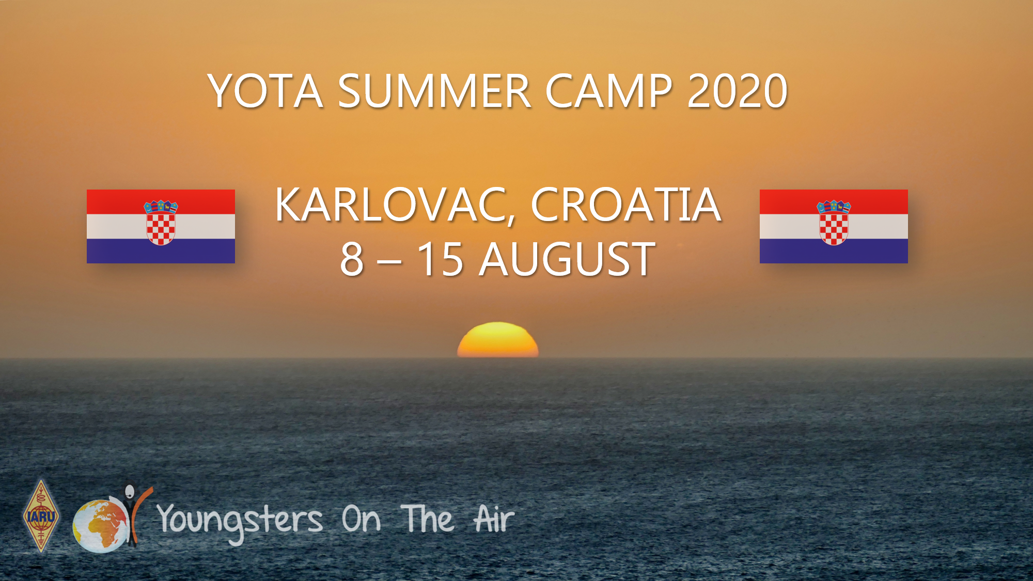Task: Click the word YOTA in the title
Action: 265,91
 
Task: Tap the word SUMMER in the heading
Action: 434,91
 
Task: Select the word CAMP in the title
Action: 609,91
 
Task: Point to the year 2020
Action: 737,91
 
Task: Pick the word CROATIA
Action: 625,205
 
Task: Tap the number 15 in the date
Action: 440,259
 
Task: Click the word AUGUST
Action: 567,259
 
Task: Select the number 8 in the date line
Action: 352,259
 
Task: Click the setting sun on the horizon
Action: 497,340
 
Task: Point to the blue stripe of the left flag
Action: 161,251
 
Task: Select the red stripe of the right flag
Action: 834,202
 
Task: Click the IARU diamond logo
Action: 41,516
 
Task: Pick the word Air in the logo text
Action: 494,519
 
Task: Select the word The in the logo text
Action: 428,519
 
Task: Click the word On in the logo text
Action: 361,520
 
